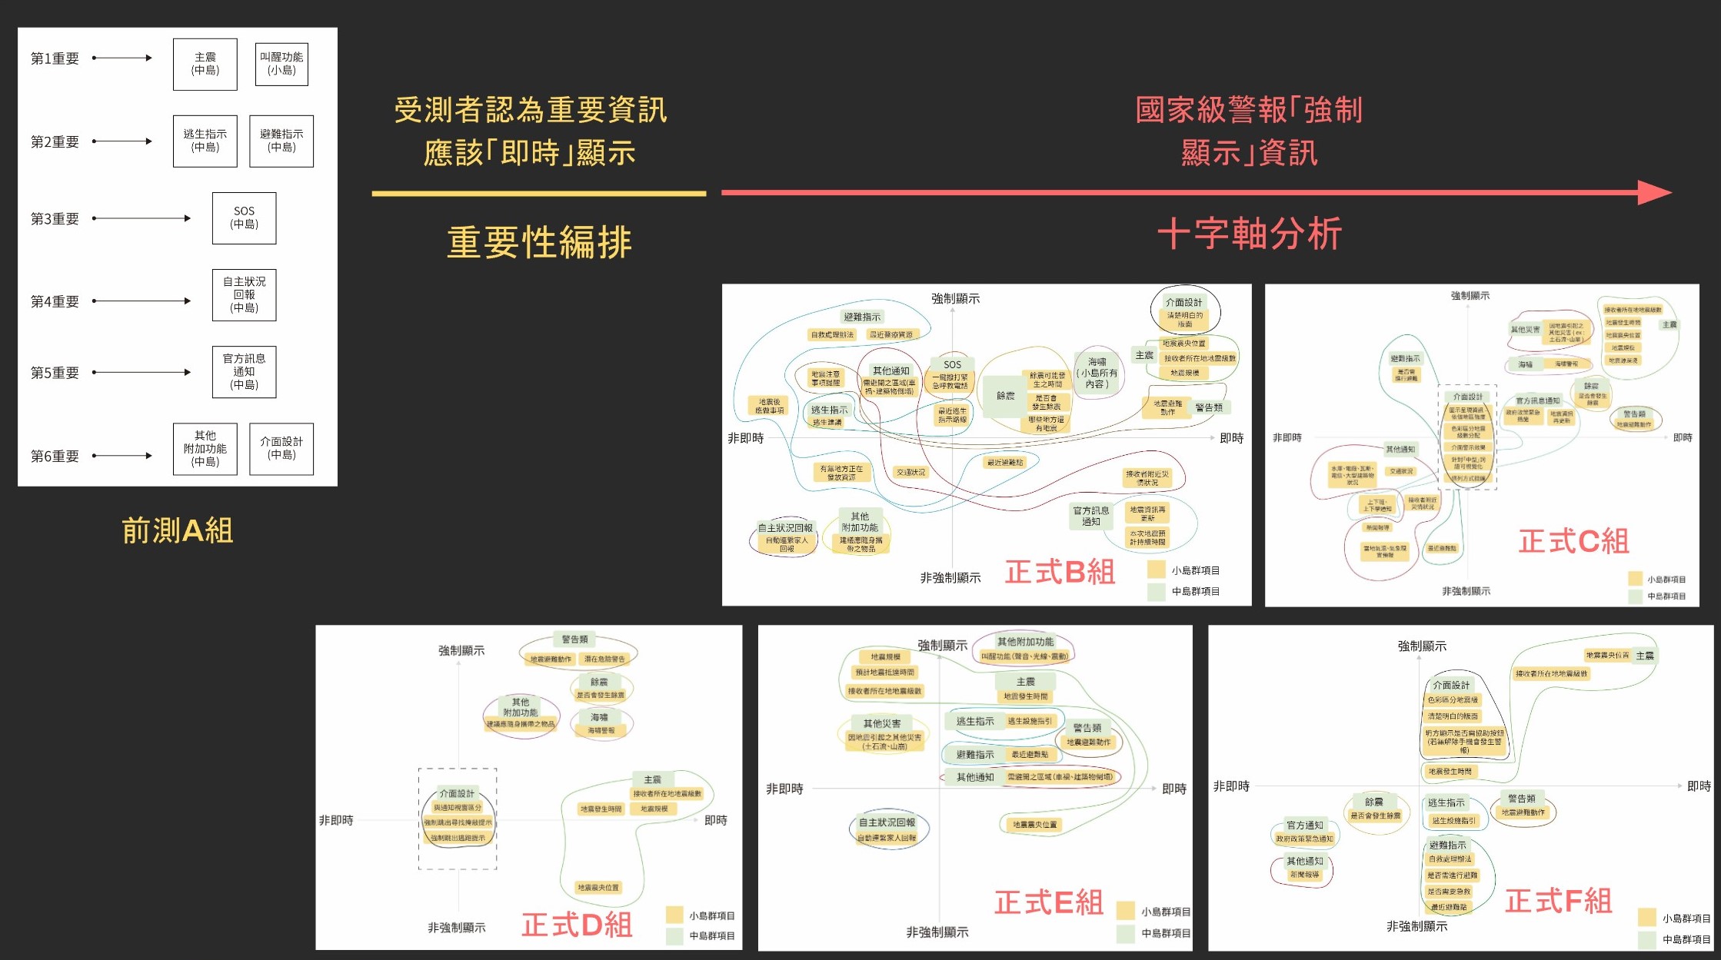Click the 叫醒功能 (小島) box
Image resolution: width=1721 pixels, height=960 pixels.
click(281, 64)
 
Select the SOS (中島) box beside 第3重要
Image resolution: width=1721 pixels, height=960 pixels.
click(244, 218)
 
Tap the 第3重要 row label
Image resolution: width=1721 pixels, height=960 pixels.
click(55, 219)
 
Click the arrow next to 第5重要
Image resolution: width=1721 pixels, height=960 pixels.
click(141, 372)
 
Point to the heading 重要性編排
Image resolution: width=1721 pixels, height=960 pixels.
click(539, 242)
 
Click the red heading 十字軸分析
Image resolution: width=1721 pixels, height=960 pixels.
click(1250, 234)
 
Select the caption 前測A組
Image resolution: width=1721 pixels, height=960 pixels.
click(178, 530)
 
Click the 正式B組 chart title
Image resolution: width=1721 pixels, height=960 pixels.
click(1060, 572)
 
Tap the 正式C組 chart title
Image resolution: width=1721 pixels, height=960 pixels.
click(1573, 541)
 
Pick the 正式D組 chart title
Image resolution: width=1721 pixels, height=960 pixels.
click(577, 925)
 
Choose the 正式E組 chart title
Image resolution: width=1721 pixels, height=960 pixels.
click(1048, 902)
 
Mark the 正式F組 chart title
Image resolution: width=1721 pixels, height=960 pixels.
click(1558, 901)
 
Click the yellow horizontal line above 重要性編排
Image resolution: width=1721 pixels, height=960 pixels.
click(538, 194)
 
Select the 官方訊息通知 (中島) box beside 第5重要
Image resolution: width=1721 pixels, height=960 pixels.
click(244, 372)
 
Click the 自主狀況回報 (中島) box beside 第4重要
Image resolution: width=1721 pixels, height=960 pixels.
click(244, 295)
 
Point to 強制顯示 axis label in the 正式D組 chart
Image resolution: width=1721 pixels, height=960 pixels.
click(461, 651)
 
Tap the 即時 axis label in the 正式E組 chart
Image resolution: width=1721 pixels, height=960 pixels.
click(1173, 789)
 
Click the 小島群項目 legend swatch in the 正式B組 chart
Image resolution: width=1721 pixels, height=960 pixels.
click(1155, 570)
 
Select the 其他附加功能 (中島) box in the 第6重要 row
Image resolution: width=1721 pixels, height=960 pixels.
click(205, 449)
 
